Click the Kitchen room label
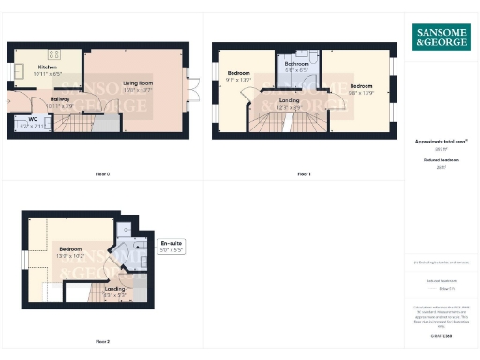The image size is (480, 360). (47, 67)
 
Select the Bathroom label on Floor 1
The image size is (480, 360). (297, 65)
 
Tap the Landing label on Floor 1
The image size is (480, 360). (290, 100)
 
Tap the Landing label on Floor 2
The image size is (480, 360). (114, 289)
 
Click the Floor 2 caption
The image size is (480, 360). (102, 341)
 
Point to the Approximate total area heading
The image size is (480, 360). (442, 141)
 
